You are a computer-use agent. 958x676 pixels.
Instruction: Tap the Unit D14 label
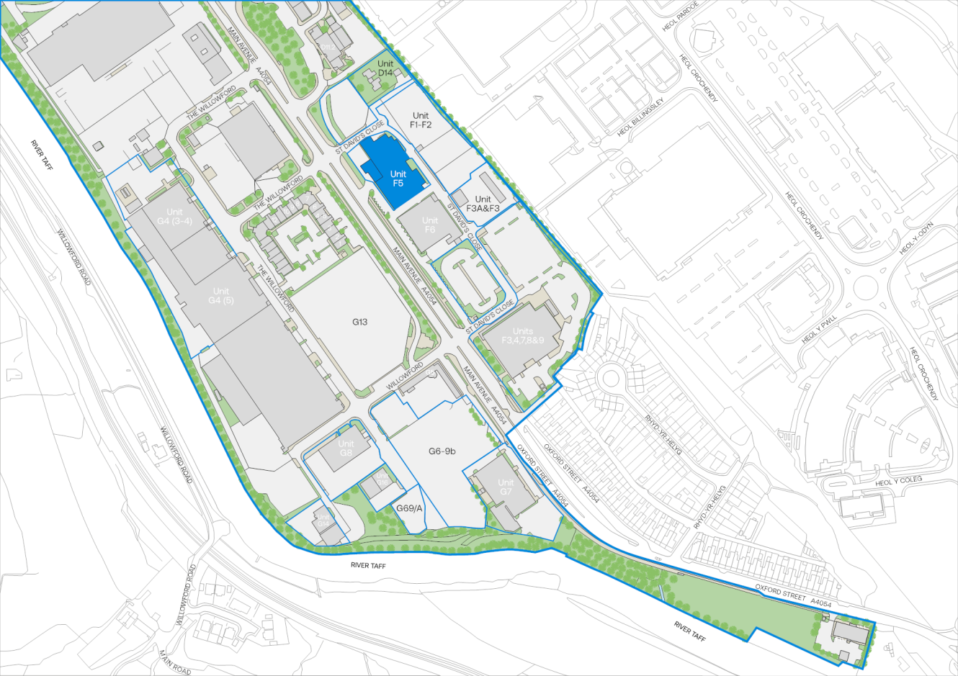(385, 68)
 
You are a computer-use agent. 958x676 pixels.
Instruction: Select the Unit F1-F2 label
(421, 120)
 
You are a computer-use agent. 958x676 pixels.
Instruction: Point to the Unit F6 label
(430, 225)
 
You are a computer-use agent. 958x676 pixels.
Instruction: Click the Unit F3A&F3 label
(483, 204)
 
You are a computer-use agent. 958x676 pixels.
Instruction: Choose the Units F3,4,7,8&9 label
(523, 335)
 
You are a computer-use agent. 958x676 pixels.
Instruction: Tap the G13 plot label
(359, 322)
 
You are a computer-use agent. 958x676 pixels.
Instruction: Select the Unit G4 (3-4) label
(174, 217)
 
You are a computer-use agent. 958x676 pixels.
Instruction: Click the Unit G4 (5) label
(221, 296)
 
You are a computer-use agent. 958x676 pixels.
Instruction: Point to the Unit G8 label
(346, 448)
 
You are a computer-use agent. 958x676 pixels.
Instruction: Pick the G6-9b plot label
(442, 451)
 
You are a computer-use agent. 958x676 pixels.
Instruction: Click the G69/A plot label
(409, 508)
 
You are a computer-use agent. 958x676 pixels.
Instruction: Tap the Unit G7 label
(506, 487)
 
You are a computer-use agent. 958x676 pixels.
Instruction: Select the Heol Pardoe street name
(681, 17)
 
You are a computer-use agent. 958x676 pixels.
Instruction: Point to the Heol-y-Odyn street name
(916, 237)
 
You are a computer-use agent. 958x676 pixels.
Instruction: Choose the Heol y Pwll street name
(820, 328)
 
